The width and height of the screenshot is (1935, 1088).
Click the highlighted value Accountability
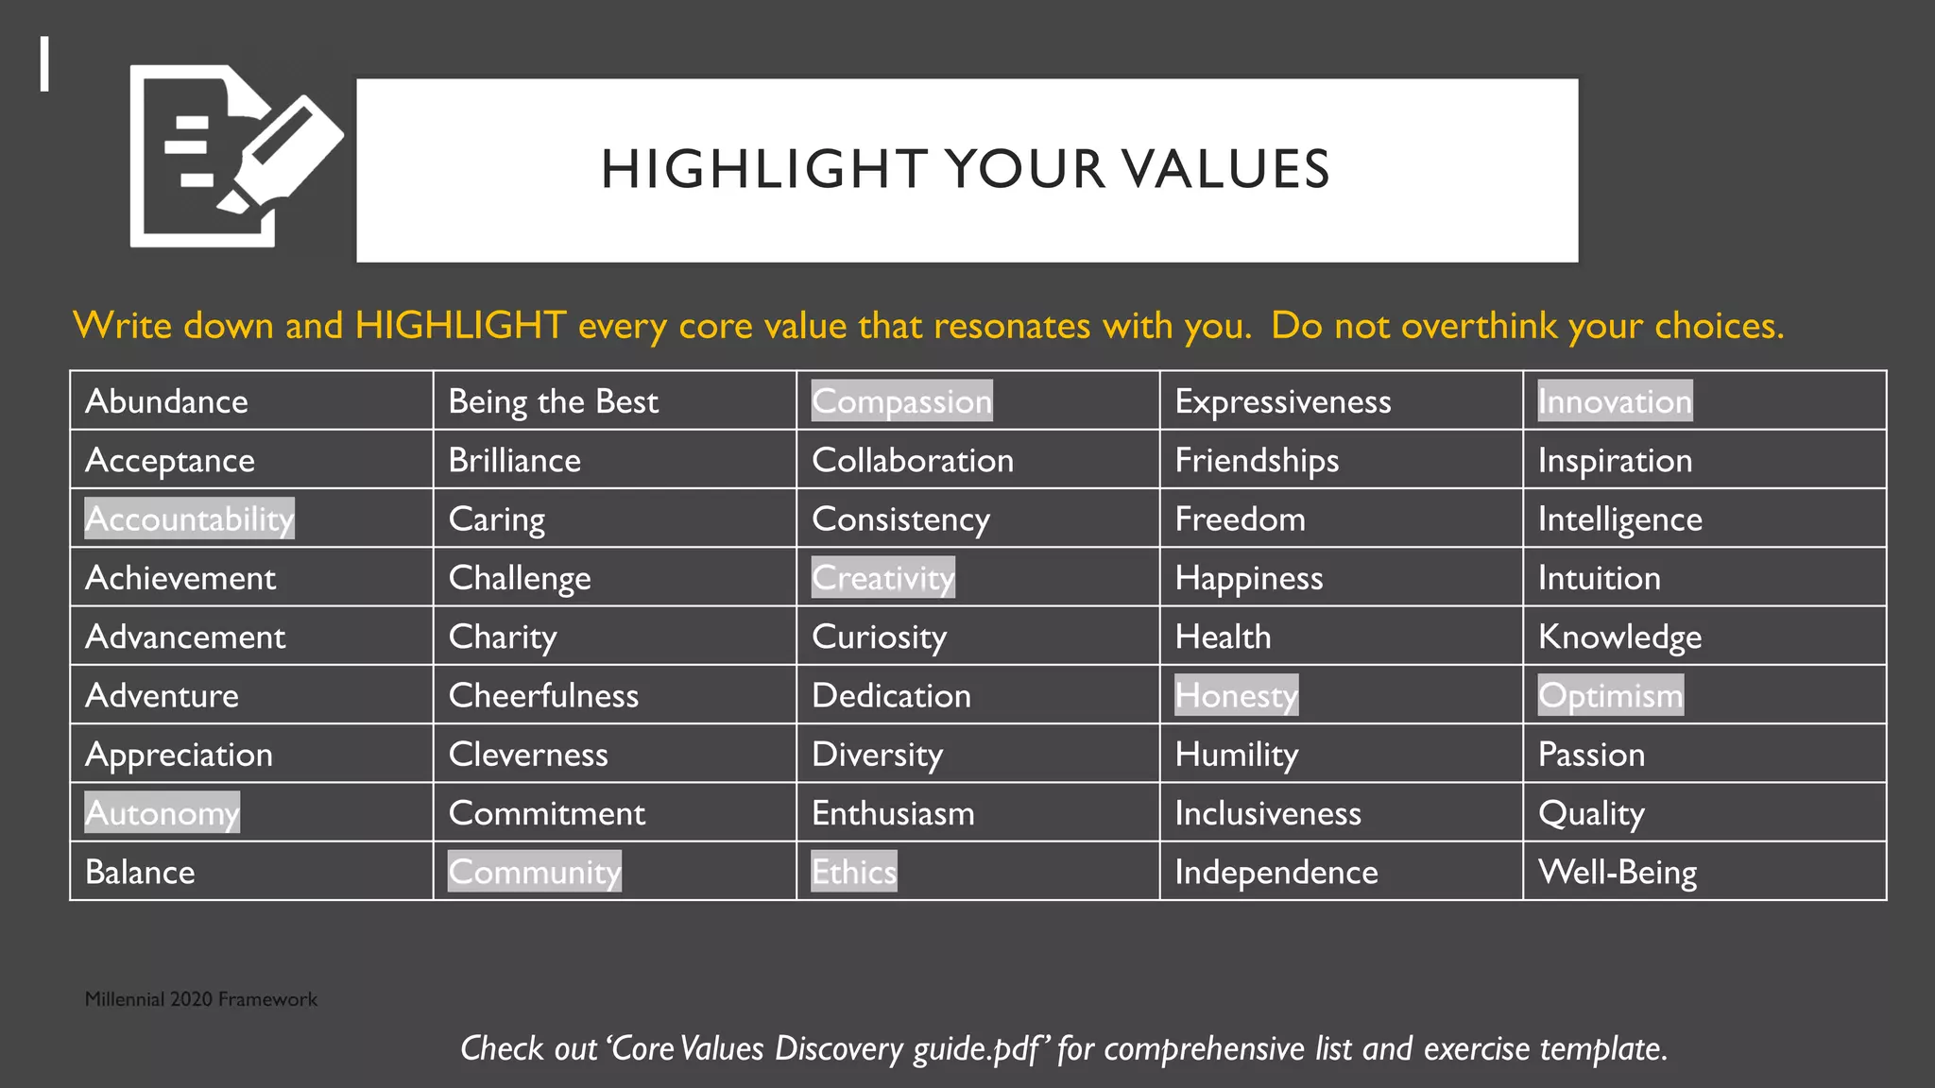click(x=189, y=518)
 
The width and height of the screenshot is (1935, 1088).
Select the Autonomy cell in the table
click(x=162, y=812)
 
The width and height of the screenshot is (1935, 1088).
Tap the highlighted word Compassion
click(x=901, y=401)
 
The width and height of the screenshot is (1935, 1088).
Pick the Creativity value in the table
click(x=882, y=578)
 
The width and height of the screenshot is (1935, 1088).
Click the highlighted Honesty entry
click(x=1236, y=695)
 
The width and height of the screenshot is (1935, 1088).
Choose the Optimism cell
click(x=1610, y=695)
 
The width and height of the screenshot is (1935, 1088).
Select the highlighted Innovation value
click(x=1615, y=401)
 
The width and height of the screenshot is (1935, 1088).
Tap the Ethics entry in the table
click(x=854, y=872)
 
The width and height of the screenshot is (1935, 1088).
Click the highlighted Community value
click(x=534, y=872)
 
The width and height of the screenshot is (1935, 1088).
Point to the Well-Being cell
click(x=1617, y=872)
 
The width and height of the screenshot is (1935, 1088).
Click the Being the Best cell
click(x=553, y=401)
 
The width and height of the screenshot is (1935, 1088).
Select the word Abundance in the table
click(x=166, y=401)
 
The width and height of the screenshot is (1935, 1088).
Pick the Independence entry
click(x=1276, y=872)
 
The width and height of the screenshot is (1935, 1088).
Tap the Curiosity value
click(x=879, y=637)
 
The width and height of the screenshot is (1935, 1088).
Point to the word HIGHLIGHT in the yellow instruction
click(x=461, y=326)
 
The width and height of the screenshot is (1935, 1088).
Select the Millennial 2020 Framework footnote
click(x=200, y=999)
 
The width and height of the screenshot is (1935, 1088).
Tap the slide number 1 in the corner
click(x=44, y=64)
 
